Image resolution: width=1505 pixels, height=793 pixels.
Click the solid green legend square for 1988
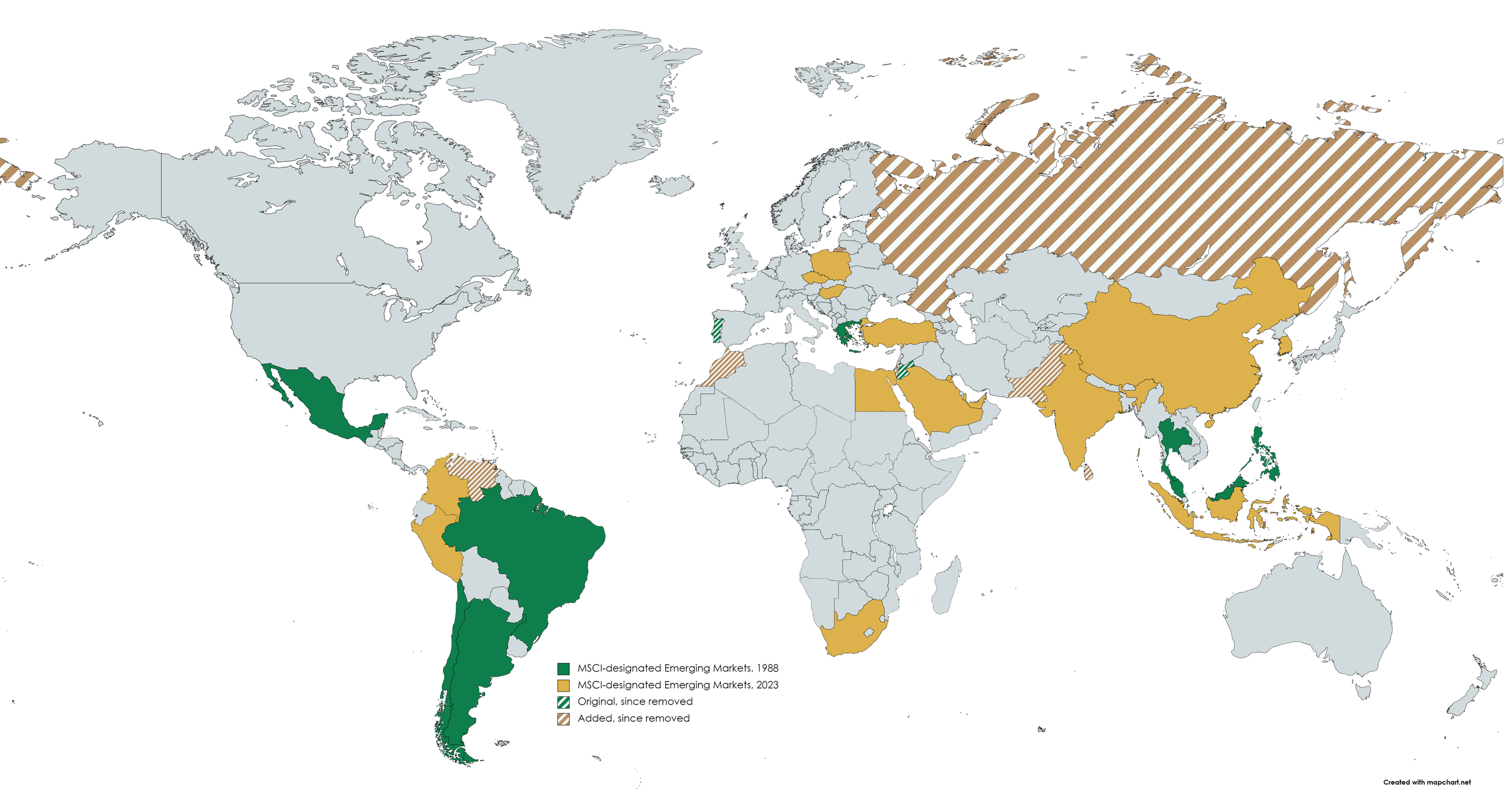point(563,668)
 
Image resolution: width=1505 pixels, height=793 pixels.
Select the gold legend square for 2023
point(563,685)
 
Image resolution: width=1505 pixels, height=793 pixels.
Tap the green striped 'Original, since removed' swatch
point(563,702)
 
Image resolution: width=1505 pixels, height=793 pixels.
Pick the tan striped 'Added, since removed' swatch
point(563,719)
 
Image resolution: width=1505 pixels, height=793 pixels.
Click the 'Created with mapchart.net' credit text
point(1426,782)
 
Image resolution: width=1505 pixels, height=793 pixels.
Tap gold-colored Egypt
point(878,391)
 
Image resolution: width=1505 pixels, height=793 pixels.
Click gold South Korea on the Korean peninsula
point(1284,345)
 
